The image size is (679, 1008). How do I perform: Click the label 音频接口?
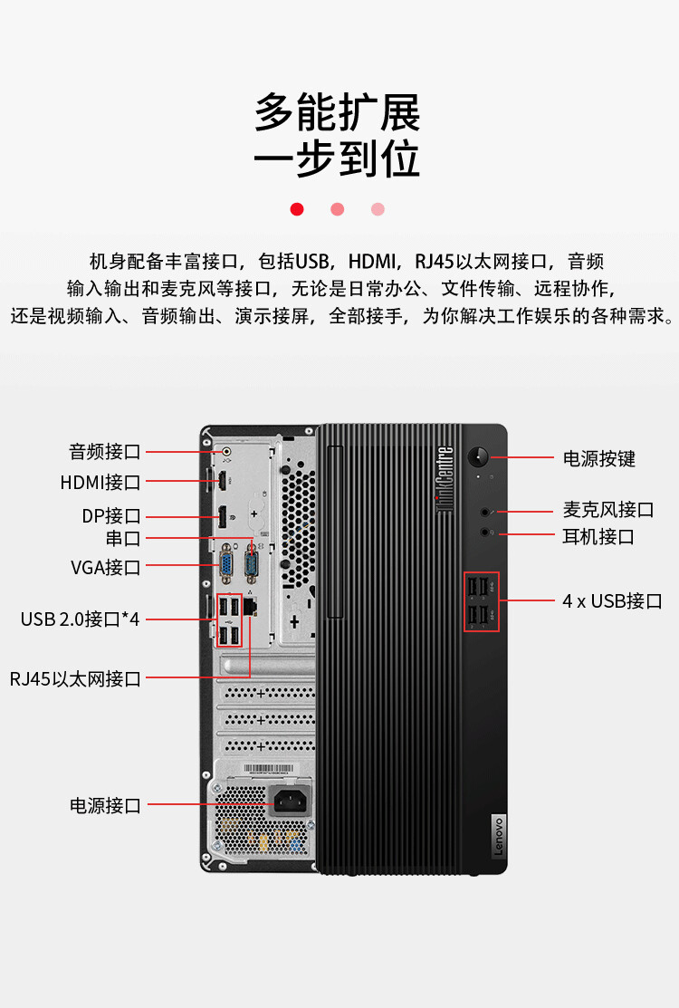tap(105, 451)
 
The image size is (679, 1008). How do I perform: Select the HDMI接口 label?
tap(100, 483)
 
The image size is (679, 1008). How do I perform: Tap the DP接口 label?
tap(111, 516)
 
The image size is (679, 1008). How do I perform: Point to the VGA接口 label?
tap(106, 568)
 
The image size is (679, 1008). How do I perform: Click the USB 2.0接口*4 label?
tap(81, 619)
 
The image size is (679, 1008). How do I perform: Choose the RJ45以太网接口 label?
tap(76, 678)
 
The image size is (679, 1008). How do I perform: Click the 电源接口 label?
tap(105, 805)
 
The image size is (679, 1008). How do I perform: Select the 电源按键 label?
tap(599, 458)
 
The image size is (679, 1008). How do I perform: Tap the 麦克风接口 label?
tap(608, 510)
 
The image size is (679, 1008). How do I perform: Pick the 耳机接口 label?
tap(598, 536)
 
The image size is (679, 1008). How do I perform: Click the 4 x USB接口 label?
tap(613, 600)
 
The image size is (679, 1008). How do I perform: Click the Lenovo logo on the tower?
tap(497, 836)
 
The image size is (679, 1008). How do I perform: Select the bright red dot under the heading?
tap(297, 209)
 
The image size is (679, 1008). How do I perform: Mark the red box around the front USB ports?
tap(481, 602)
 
